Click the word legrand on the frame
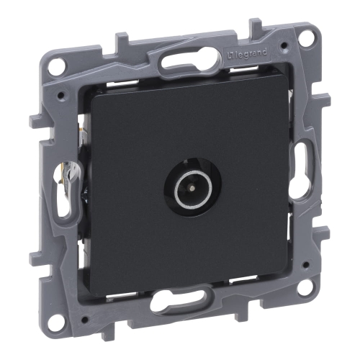pos(251,54)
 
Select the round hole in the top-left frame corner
pos(57,66)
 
